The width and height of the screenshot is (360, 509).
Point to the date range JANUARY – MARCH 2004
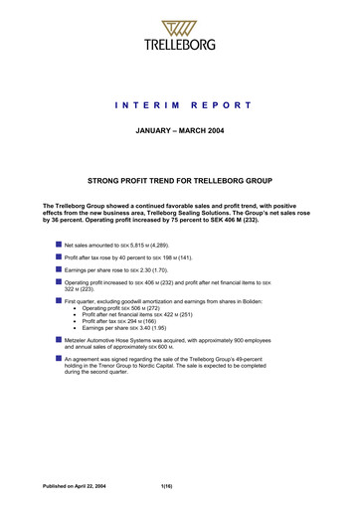(180, 129)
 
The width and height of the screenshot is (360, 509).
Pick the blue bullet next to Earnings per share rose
(58, 269)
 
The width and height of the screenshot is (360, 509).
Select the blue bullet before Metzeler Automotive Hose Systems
(58, 366)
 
